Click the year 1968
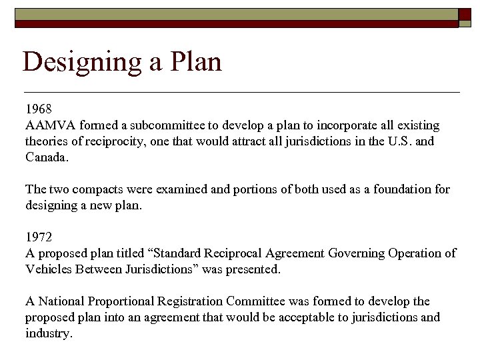pyautogui.click(x=39, y=109)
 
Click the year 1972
pyautogui.click(x=39, y=237)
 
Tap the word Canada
pyautogui.click(x=47, y=157)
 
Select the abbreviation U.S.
pyautogui.click(x=405, y=141)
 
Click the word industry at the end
pyautogui.click(x=47, y=333)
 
